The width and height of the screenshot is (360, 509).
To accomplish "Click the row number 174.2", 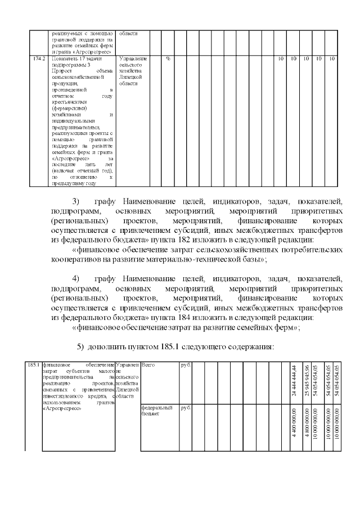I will (37, 58).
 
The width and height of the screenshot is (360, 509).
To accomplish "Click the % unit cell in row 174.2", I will (168, 58).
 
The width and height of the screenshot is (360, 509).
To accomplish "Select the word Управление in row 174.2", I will (133, 58).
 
